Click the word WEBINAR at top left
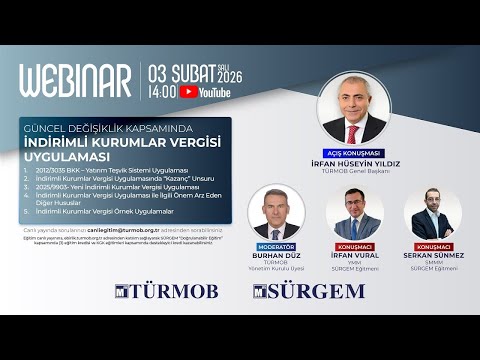[x=75, y=81]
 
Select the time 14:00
[x=162, y=92]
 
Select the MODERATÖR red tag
[x=276, y=246]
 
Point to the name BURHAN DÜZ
[x=276, y=256]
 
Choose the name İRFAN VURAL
[x=358, y=256]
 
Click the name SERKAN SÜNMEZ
[x=435, y=256]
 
